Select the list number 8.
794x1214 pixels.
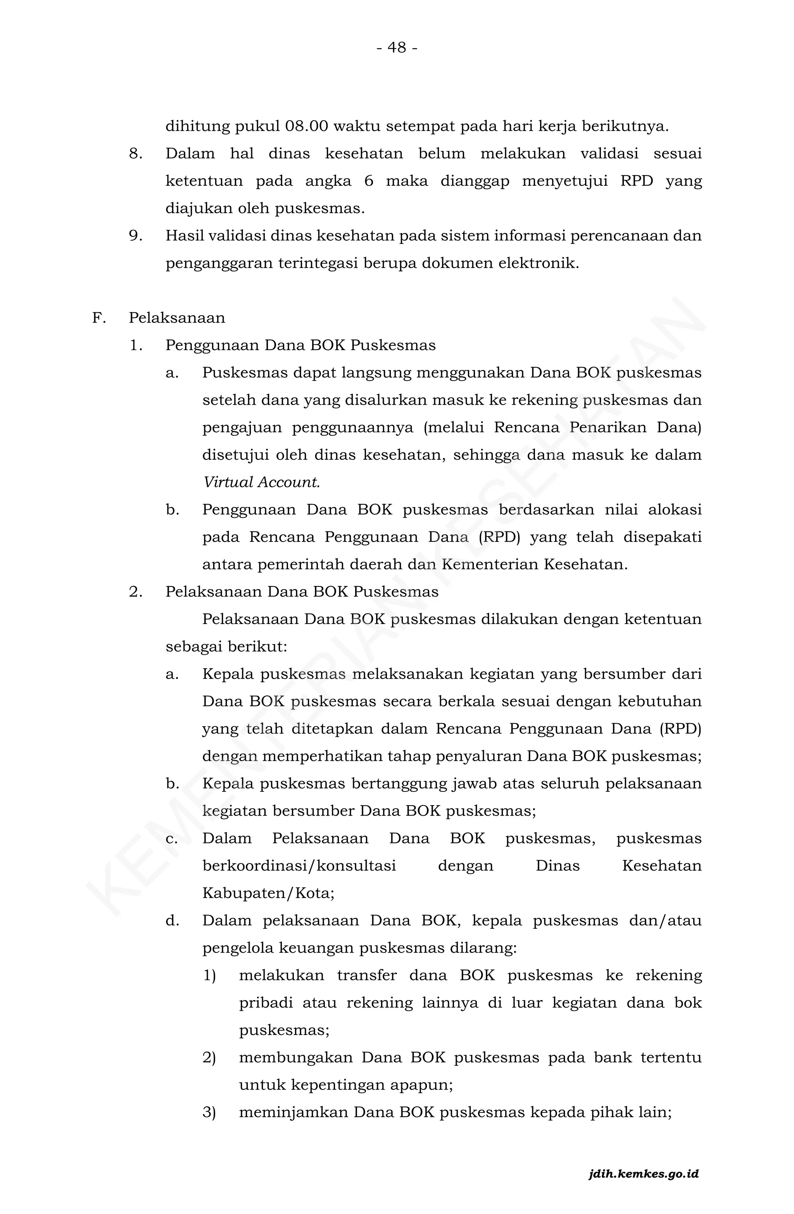pyautogui.click(x=135, y=153)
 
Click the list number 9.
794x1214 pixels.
pyautogui.click(x=135, y=236)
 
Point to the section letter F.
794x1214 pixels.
pyautogui.click(x=98, y=318)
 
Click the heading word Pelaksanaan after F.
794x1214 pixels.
pyautogui.click(x=176, y=318)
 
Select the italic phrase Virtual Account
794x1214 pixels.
pyautogui.click(x=261, y=482)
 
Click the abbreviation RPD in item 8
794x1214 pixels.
pyautogui.click(x=636, y=181)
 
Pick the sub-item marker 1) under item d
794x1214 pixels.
pyautogui.click(x=209, y=975)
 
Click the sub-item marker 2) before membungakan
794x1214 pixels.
pyautogui.click(x=209, y=1057)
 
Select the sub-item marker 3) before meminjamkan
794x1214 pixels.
pyautogui.click(x=209, y=1112)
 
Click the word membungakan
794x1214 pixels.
pyautogui.click(x=295, y=1057)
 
